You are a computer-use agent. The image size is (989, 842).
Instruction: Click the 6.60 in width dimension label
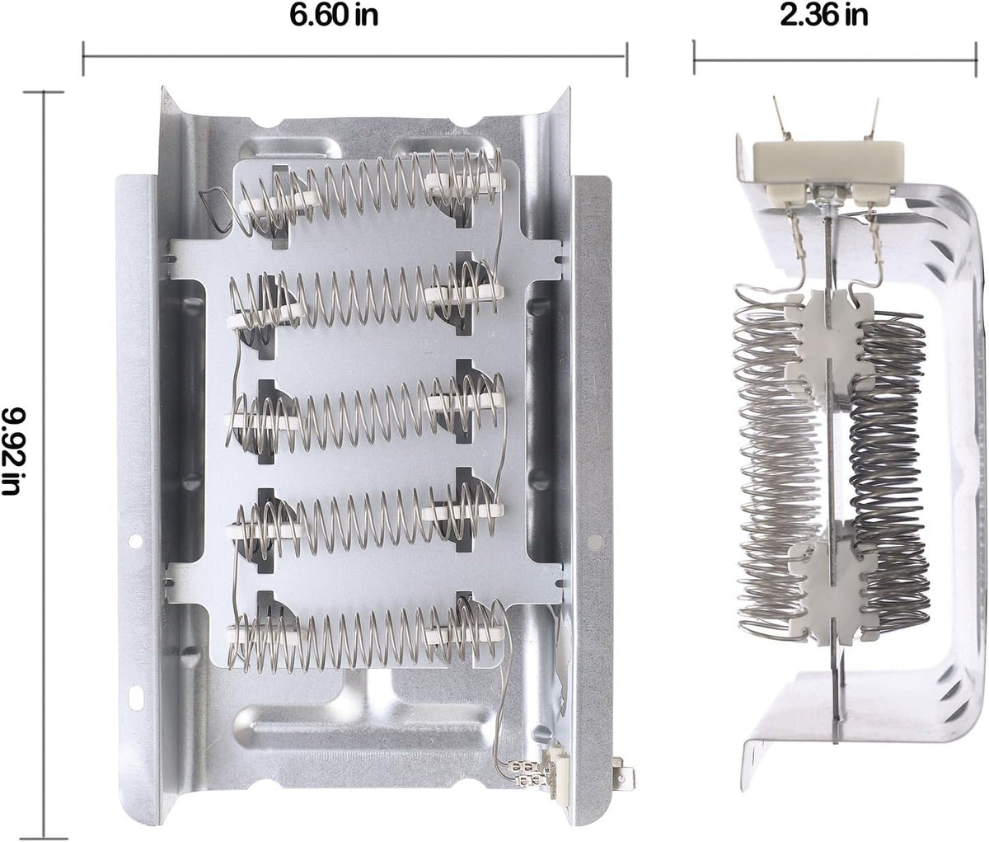click(x=334, y=16)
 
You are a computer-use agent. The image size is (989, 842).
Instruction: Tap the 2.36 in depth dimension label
click(x=823, y=16)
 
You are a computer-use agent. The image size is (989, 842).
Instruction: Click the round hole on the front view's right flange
click(x=595, y=541)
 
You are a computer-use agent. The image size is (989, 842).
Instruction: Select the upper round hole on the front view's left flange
click(x=134, y=541)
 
